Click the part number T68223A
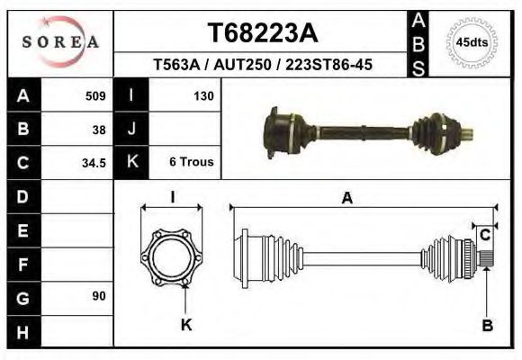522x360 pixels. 262,33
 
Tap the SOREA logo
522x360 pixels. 60,42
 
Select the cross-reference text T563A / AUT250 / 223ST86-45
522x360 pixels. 263,66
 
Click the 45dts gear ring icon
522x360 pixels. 472,41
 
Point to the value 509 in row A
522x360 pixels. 94,95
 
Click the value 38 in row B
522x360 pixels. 99,129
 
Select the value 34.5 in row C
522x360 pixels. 94,163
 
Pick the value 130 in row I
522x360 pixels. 202,95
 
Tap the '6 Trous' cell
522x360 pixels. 191,163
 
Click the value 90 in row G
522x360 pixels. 99,296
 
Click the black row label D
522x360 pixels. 23,196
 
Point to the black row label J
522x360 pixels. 131,129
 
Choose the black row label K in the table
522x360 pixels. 131,163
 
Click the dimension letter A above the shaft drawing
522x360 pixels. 346,199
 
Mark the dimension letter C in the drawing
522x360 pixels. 484,236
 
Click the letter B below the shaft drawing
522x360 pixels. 487,326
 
